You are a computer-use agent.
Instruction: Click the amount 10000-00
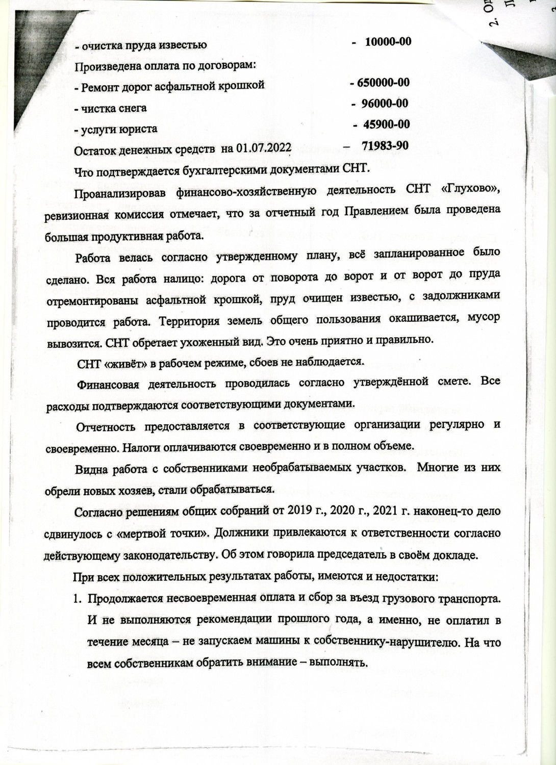[x=388, y=42]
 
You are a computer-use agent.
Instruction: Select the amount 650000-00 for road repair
[x=380, y=83]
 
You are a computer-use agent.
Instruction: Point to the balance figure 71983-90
[x=385, y=146]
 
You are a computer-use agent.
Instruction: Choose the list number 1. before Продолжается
[x=77, y=599]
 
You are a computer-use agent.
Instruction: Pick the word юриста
[x=138, y=129]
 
